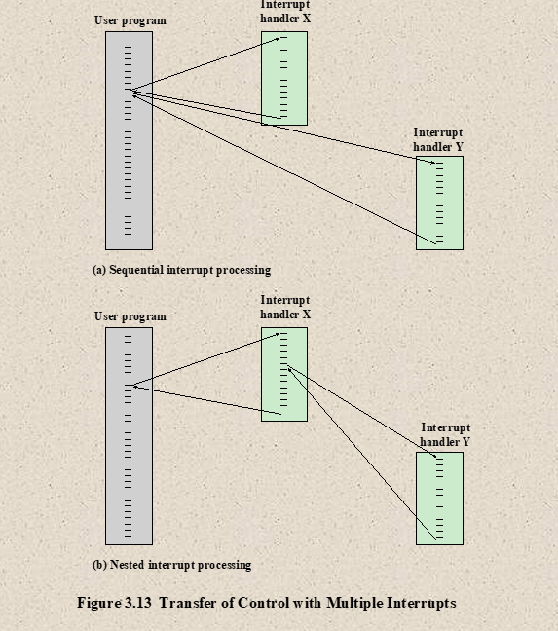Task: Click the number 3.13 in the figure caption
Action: point(138,603)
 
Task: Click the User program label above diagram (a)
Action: point(130,20)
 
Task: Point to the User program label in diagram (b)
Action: point(130,316)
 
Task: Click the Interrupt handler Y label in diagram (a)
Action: point(438,139)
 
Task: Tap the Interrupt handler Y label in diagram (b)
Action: point(445,434)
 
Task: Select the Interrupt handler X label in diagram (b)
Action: point(285,307)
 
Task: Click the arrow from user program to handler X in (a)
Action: point(206,63)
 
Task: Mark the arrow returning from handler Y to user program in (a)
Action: point(284,169)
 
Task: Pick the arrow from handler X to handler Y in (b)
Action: point(362,411)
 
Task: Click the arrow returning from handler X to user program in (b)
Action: point(207,400)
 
